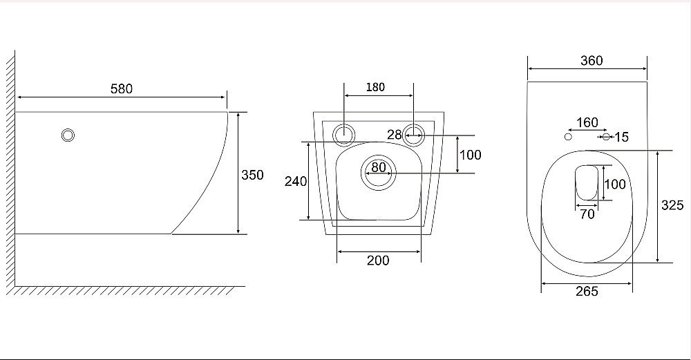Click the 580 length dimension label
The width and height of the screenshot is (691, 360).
click(121, 89)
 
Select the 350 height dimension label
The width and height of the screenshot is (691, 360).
click(252, 175)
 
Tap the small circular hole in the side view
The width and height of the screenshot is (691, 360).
click(68, 135)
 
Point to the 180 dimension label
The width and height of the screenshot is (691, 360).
click(375, 87)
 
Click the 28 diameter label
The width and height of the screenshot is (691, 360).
click(395, 135)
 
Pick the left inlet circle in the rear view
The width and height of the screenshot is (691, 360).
click(343, 134)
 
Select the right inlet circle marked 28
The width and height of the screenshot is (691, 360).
click(414, 134)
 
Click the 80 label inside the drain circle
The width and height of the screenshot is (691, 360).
click(379, 167)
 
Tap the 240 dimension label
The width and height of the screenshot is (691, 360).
click(295, 181)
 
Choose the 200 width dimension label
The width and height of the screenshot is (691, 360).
click(378, 260)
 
